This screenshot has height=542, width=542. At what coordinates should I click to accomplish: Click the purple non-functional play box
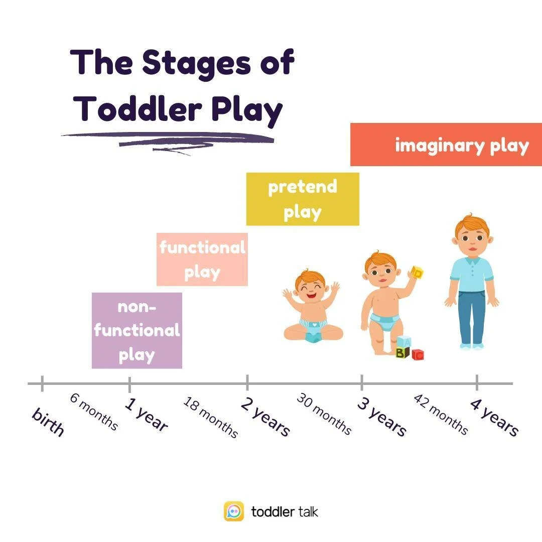[x=137, y=330]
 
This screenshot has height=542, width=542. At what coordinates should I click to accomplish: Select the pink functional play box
[x=202, y=259]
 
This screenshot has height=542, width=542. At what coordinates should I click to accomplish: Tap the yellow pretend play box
[x=302, y=199]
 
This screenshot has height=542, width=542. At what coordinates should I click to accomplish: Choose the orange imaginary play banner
[x=446, y=145]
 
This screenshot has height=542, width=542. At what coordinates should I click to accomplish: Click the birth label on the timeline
[x=48, y=422]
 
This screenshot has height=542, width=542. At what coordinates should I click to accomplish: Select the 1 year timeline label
[x=146, y=415]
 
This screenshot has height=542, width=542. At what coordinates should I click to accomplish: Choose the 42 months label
[x=441, y=415]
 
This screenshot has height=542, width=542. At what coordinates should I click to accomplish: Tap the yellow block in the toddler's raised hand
[x=417, y=273]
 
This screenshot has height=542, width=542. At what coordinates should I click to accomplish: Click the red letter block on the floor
[x=418, y=355]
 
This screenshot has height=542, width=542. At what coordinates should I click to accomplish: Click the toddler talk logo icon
[x=234, y=511]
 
